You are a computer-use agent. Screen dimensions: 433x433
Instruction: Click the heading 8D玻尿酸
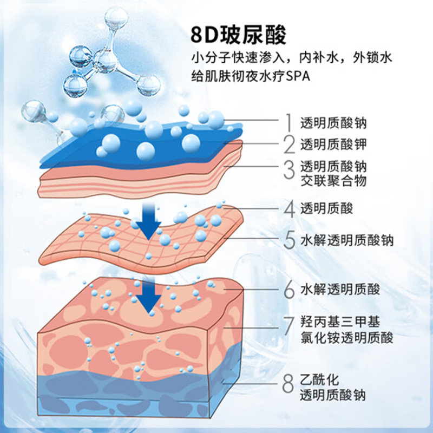[238, 35]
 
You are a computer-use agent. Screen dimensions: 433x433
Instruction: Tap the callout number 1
[289, 122]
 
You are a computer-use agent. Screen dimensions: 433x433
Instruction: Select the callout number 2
[289, 145]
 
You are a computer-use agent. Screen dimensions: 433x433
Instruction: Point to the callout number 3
[290, 169]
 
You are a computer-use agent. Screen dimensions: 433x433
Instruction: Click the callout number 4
[290, 209]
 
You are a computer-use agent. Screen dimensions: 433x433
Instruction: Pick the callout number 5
[290, 240]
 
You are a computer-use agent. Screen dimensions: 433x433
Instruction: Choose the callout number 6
[290, 290]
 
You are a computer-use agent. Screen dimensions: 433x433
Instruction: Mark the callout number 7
[289, 326]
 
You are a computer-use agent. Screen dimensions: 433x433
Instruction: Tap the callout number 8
[288, 384]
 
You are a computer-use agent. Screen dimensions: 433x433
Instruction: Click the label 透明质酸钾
[333, 145]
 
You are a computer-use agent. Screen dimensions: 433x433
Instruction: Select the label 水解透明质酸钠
[346, 240]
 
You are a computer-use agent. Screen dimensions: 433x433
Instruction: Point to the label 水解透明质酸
[340, 290]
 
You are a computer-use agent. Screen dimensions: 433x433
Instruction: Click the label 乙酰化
[319, 380]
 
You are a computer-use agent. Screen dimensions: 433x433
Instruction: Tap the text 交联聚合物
[333, 181]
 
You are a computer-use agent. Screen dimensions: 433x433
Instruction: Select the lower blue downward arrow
[149, 296]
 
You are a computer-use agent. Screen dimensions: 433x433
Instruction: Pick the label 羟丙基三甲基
[340, 322]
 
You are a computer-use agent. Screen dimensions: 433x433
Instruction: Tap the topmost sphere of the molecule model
[116, 17]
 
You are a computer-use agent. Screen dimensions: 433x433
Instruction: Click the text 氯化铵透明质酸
[346, 338]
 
